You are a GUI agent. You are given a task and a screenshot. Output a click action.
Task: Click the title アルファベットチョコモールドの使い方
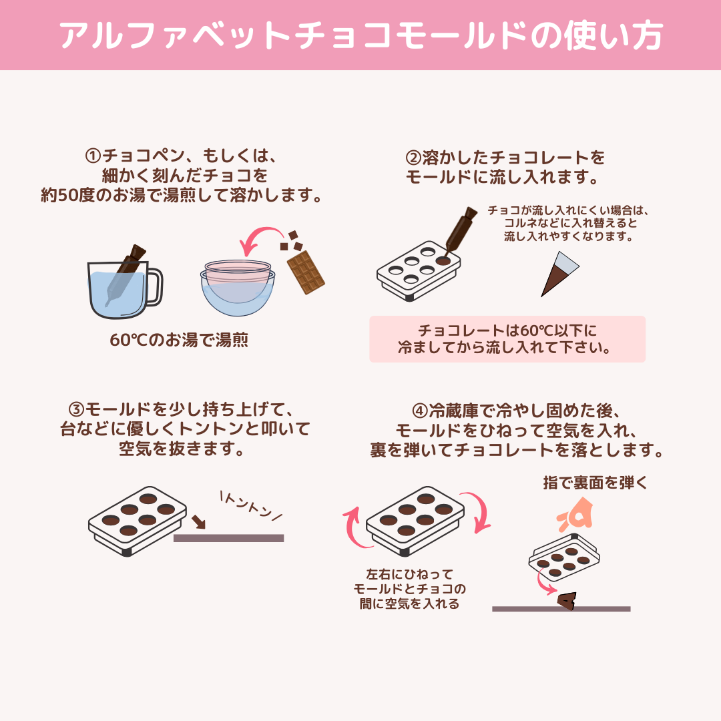tap(360, 36)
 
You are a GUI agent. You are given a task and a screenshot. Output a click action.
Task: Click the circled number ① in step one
tap(93, 156)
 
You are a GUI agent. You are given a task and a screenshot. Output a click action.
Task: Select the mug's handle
tap(154, 285)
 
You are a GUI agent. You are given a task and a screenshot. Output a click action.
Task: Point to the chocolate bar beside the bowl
tap(306, 272)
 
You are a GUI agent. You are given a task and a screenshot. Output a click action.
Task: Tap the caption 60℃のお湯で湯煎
tap(179, 340)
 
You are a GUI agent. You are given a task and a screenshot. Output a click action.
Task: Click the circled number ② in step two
tap(413, 158)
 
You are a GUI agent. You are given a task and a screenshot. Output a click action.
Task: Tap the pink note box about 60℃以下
tap(507, 339)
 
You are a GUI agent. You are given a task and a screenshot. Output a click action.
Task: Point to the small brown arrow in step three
tap(197, 520)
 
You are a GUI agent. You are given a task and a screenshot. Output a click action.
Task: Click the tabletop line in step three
tap(228, 537)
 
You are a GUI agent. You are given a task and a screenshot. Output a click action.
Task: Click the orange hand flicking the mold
tap(575, 516)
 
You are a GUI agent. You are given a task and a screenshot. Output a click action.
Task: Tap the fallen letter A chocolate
tap(567, 602)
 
